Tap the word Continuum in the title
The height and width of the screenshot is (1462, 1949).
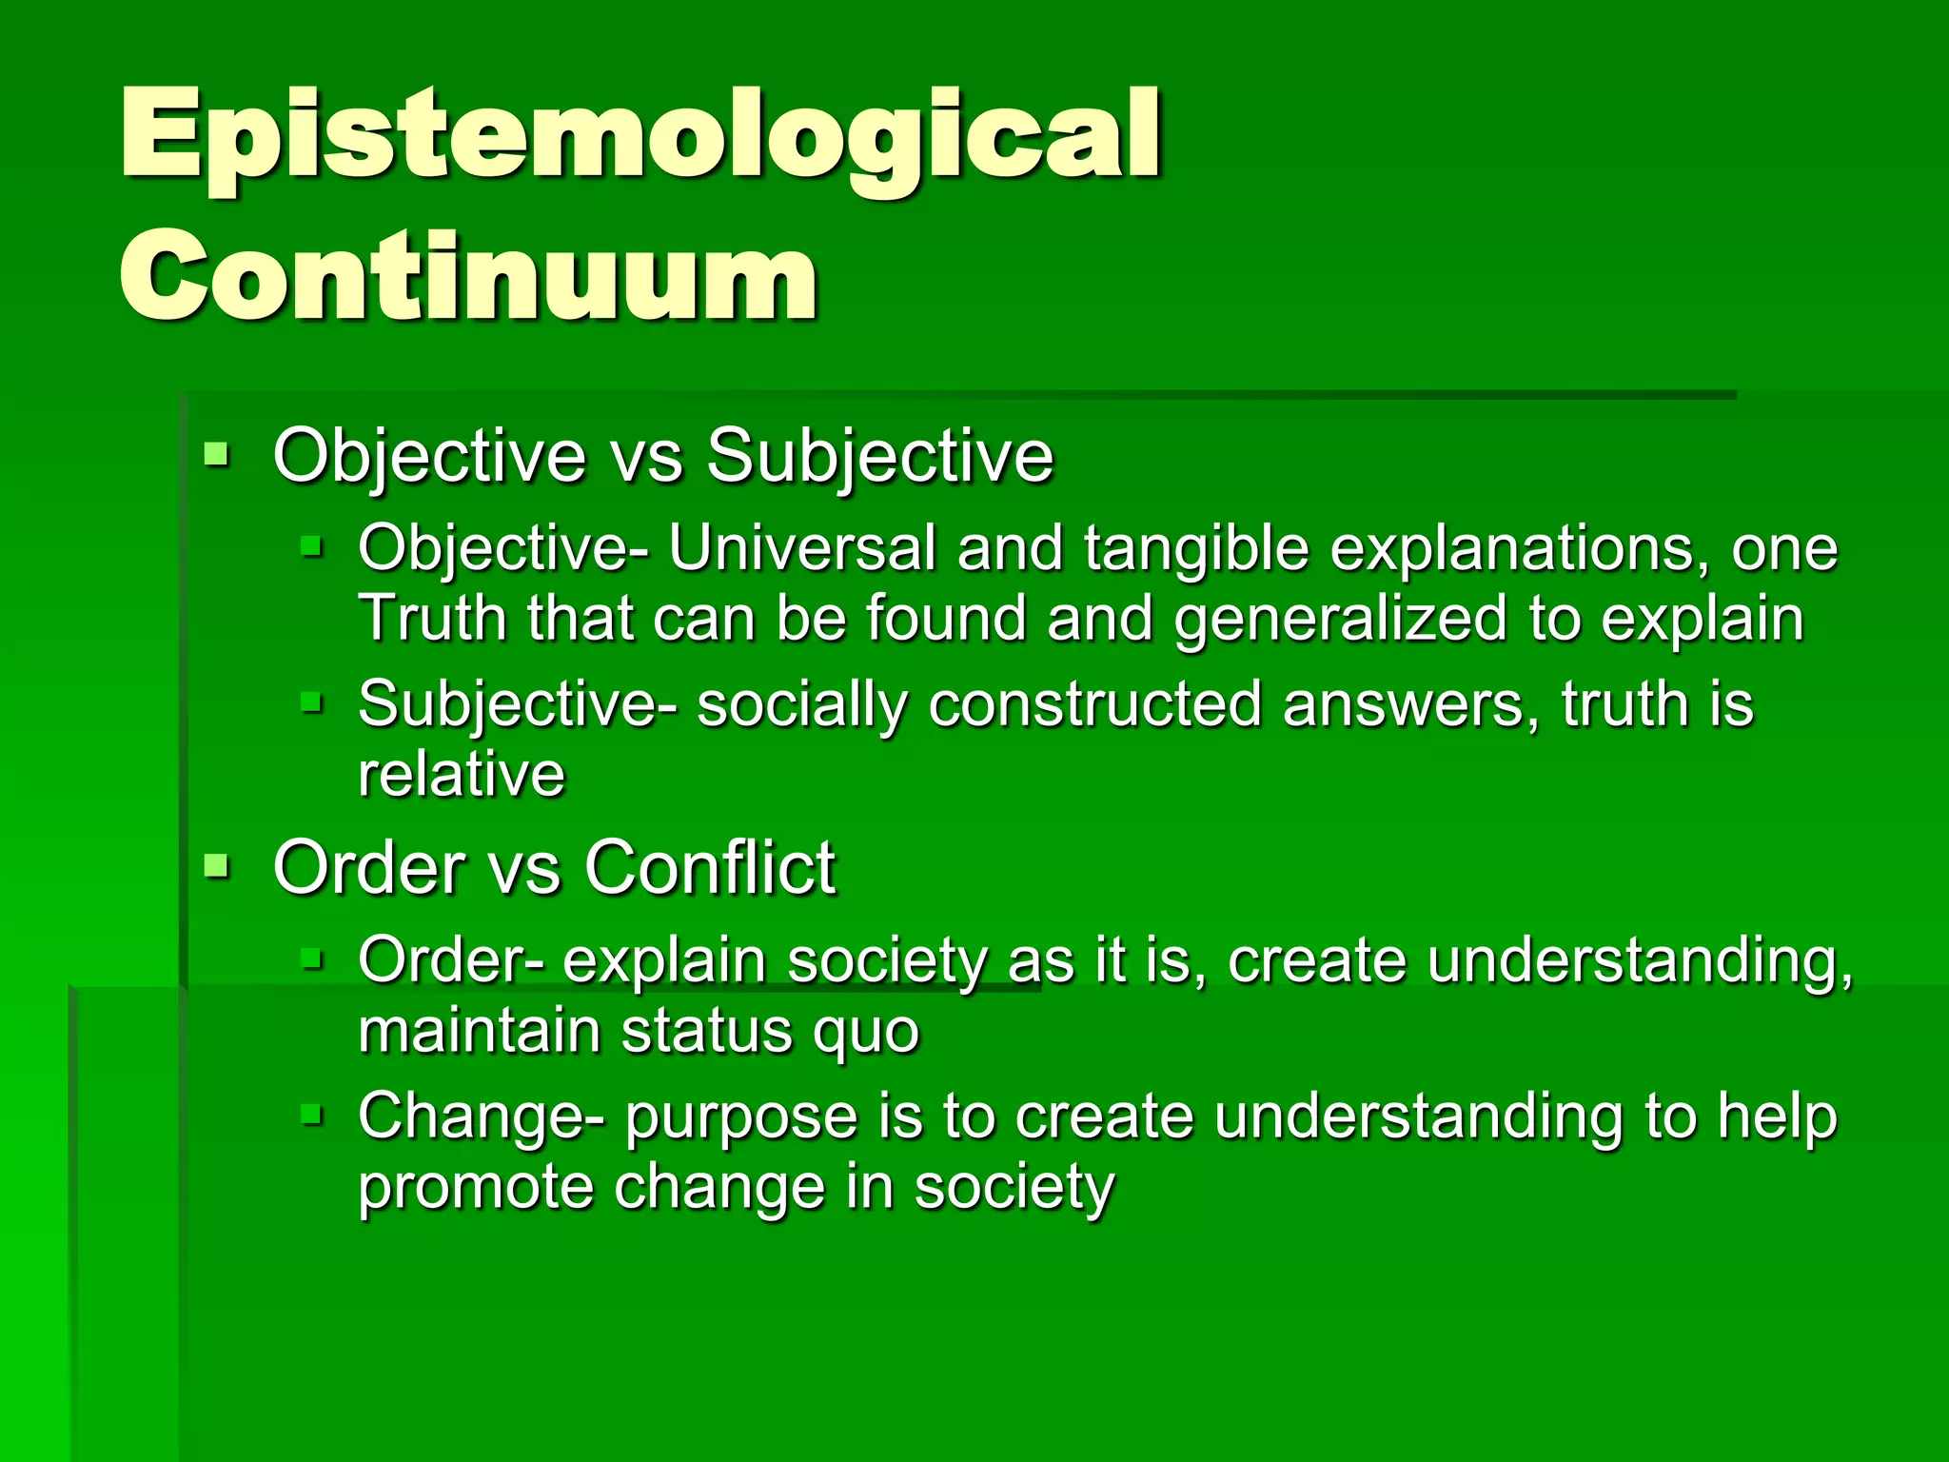(468, 278)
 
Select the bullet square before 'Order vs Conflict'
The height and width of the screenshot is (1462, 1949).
(217, 865)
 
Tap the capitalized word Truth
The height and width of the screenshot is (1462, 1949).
(433, 619)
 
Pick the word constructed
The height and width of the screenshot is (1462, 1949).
(1094, 705)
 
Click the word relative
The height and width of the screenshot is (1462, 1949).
(462, 775)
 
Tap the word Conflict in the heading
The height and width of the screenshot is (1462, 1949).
(709, 868)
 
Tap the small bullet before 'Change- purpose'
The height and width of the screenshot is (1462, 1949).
(312, 1114)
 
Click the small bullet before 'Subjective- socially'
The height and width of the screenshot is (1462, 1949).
(312, 703)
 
